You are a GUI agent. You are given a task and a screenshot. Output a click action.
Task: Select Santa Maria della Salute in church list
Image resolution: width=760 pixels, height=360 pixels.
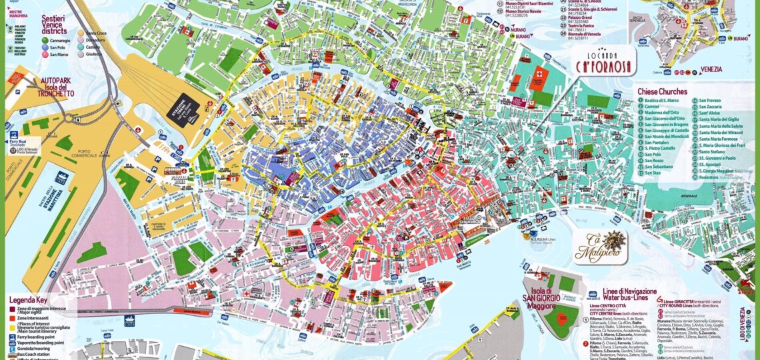click(x=725, y=125)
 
